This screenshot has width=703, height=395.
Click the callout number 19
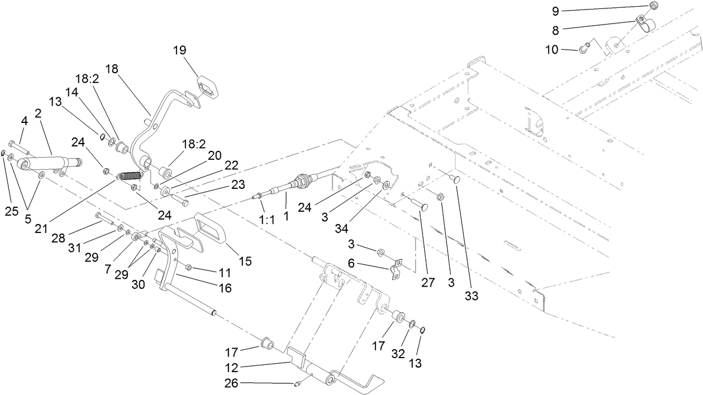point(179,50)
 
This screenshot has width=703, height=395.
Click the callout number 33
point(472,296)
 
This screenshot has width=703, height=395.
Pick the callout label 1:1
point(268,220)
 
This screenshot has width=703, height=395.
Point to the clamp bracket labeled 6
point(396,270)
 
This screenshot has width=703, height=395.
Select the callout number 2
point(39,113)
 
